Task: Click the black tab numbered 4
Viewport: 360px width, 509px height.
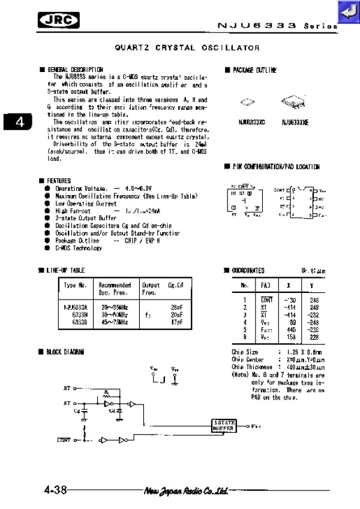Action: tap(19, 122)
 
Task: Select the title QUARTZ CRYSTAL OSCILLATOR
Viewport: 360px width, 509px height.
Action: tap(187, 47)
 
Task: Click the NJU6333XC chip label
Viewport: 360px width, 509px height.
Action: tap(251, 122)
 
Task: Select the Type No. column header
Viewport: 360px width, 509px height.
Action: tap(76, 285)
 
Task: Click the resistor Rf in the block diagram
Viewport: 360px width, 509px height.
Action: tap(106, 394)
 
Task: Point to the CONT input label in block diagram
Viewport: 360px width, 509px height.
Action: tap(64, 441)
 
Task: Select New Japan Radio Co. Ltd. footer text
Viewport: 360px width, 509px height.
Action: tap(185, 490)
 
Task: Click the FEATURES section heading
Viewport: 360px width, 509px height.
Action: tap(58, 181)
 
